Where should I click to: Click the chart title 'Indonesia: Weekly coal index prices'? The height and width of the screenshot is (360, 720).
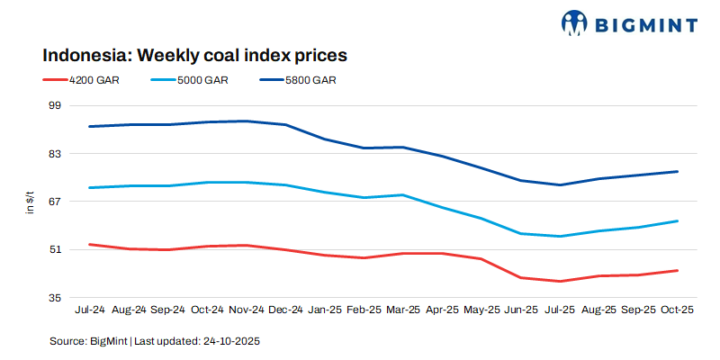click(x=194, y=55)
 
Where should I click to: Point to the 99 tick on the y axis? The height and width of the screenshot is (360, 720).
click(x=54, y=105)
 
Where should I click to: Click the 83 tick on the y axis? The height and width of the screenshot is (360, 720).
click(x=54, y=154)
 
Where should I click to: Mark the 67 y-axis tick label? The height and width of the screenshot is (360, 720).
click(x=54, y=202)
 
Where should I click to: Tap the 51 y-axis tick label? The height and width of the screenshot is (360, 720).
click(x=54, y=249)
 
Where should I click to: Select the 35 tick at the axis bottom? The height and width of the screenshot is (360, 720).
click(x=54, y=298)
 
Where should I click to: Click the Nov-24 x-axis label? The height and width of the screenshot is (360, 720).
click(x=246, y=310)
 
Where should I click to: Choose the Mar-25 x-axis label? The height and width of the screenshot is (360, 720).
click(x=402, y=310)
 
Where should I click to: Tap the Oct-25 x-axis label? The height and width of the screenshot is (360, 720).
click(x=677, y=310)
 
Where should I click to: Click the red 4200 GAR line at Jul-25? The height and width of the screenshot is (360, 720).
click(x=560, y=281)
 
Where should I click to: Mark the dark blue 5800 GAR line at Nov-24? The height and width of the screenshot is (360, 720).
click(x=246, y=121)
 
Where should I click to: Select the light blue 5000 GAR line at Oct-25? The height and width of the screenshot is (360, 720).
click(x=677, y=220)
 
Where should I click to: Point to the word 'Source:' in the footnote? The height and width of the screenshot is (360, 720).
click(x=67, y=341)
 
